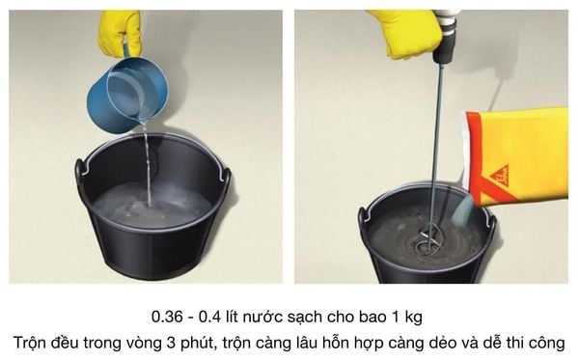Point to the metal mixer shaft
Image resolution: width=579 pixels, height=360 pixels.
point(434,145)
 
